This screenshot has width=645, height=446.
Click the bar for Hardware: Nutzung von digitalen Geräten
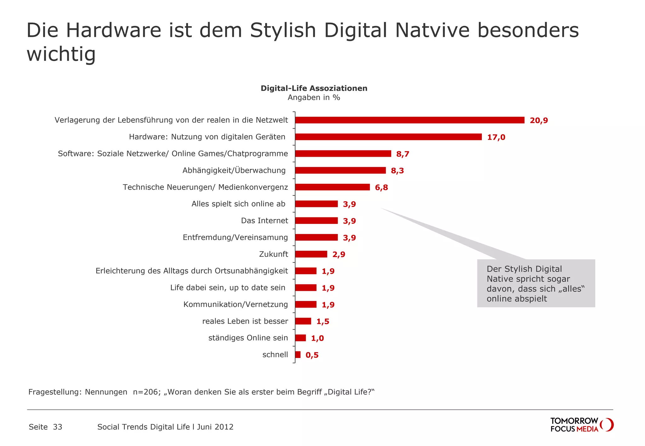click(388, 137)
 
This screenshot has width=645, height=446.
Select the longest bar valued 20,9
click(409, 120)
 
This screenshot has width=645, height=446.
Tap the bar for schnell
click(298, 355)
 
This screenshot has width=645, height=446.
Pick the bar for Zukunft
click(311, 254)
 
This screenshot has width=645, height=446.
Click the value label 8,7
click(402, 154)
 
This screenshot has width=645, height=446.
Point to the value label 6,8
click(381, 187)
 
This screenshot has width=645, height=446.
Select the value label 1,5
click(322, 321)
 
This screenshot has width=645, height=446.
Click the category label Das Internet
click(264, 220)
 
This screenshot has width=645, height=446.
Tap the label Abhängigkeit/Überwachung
click(234, 170)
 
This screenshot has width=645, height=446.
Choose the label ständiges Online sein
click(248, 338)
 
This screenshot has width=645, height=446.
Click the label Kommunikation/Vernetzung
click(235, 304)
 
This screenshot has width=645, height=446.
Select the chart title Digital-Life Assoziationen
click(314, 88)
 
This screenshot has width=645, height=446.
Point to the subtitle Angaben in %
click(314, 98)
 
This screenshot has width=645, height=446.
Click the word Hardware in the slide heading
click(113, 31)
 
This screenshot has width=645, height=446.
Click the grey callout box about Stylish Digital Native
click(536, 283)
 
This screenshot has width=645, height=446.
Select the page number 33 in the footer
click(58, 427)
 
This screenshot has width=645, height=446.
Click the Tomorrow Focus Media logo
click(581, 425)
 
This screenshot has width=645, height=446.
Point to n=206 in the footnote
click(146, 392)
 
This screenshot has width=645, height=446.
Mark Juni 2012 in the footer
click(215, 427)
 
